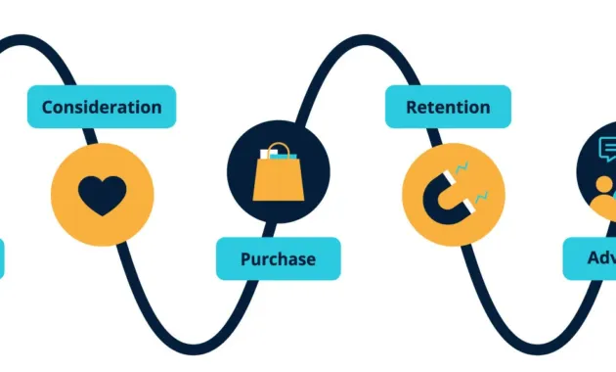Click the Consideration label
102,107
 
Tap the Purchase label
279,259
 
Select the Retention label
448,107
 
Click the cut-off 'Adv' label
591,259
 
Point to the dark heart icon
102,196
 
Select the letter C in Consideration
48,107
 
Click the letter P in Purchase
245,259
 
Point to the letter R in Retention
412,107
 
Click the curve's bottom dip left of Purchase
186,348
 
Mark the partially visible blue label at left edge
2,259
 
